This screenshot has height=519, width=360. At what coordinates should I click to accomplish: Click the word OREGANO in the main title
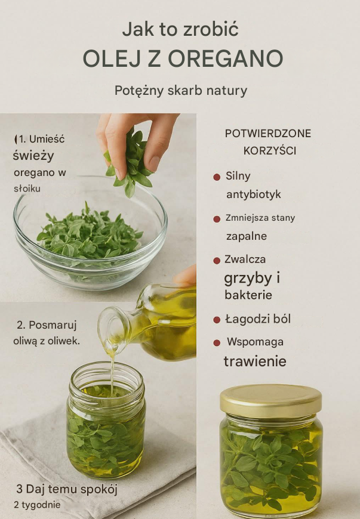[x=226, y=58]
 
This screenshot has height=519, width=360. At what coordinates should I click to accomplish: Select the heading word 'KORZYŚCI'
[x=270, y=150]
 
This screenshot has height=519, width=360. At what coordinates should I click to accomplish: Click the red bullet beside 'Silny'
[x=217, y=177]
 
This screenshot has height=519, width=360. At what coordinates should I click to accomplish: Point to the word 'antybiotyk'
[x=253, y=194]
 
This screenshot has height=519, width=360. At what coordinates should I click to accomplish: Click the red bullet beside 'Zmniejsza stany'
[x=217, y=219]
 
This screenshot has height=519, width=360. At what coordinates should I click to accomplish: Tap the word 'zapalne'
[x=247, y=236]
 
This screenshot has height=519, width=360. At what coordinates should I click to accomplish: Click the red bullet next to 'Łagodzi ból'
[x=217, y=320]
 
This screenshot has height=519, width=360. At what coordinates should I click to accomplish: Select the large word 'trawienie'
[x=255, y=361]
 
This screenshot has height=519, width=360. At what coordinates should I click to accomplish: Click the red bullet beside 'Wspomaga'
[x=217, y=342]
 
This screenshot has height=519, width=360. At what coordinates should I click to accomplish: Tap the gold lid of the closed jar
[x=271, y=400]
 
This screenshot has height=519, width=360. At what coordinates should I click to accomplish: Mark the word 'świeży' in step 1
[x=33, y=156]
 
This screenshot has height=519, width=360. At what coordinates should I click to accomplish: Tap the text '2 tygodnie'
[x=37, y=505]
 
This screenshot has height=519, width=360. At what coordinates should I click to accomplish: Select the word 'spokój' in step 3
[x=101, y=489]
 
